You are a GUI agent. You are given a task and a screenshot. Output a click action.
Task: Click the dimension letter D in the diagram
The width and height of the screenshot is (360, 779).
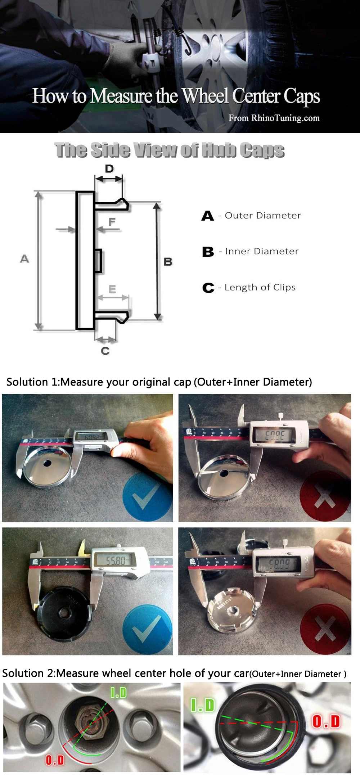pyautogui.click(x=109, y=168)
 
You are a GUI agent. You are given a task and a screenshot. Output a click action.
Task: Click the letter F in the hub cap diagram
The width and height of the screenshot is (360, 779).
pyautogui.click(x=112, y=222)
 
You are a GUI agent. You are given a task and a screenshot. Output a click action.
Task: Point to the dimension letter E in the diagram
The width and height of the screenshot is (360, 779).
pyautogui.click(x=112, y=289)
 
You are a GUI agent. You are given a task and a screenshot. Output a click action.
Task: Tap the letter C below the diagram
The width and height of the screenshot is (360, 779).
pyautogui.click(x=105, y=351)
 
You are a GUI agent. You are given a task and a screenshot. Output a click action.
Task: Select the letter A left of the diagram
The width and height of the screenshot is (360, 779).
pyautogui.click(x=24, y=258)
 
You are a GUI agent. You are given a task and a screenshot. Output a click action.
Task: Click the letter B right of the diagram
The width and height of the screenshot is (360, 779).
pyautogui.click(x=168, y=262)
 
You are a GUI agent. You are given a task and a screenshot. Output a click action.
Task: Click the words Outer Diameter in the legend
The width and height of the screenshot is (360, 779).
pyautogui.click(x=263, y=216)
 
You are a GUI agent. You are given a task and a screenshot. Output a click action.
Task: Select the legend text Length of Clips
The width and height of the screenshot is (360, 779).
pyautogui.click(x=260, y=287)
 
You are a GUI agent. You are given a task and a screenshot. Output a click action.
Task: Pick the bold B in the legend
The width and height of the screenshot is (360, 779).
pyautogui.click(x=208, y=252)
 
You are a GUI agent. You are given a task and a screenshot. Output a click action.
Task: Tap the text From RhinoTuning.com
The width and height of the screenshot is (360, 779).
pyautogui.click(x=274, y=118)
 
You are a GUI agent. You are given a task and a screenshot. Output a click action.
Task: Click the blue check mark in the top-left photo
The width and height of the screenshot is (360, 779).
pyautogui.click(x=147, y=497)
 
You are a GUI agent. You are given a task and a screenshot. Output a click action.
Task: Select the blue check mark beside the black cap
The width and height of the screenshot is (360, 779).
pyautogui.click(x=147, y=630)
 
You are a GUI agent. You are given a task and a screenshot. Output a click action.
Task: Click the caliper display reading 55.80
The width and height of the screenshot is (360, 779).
pyautogui.click(x=116, y=560)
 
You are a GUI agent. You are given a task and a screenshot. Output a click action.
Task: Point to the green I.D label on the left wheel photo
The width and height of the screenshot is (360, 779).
pyautogui.click(x=118, y=692)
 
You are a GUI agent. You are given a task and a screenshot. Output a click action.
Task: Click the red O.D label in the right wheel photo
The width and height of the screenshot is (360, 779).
pyautogui.click(x=326, y=721)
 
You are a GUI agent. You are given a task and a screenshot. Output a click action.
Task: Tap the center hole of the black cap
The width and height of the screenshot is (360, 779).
pyautogui.click(x=66, y=612)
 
